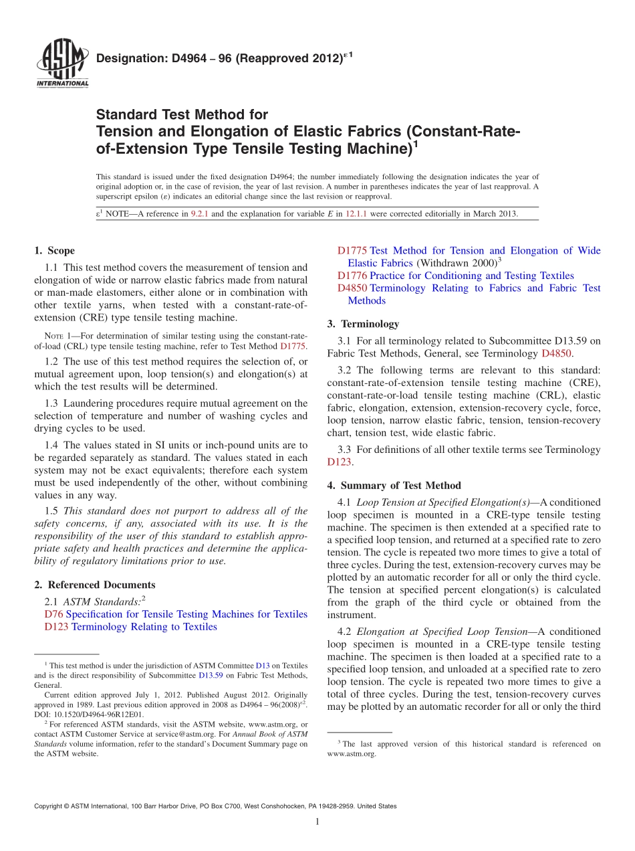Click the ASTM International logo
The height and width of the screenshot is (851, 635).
(x=61, y=64)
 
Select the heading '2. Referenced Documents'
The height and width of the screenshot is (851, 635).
(x=94, y=585)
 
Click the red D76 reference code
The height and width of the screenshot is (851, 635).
(x=53, y=614)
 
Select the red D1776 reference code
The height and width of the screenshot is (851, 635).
(x=352, y=276)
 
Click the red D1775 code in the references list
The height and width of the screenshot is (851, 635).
(x=352, y=251)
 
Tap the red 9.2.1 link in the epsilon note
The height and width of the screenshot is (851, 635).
(x=199, y=214)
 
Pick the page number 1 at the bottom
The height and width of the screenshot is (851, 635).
(x=317, y=822)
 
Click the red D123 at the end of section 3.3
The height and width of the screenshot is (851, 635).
(x=339, y=462)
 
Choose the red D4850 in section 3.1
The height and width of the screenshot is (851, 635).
(x=556, y=353)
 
